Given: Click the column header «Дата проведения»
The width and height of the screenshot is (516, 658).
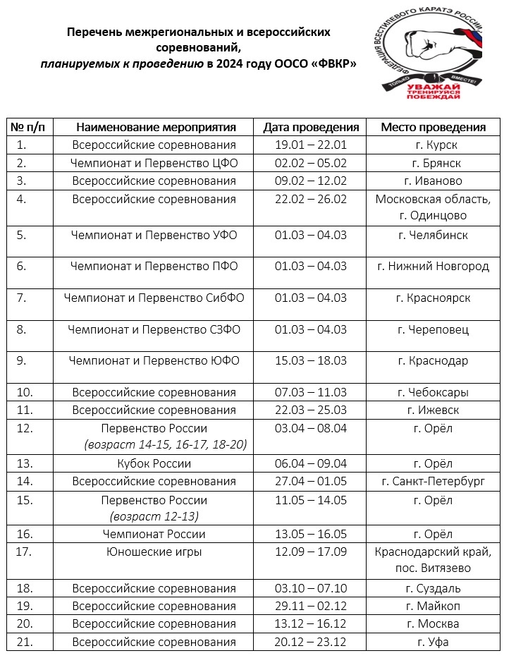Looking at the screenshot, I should pos(311,128).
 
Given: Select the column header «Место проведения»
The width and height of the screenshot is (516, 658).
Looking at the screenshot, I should pos(433,128).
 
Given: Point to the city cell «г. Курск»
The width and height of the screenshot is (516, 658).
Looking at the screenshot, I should pos(433,145).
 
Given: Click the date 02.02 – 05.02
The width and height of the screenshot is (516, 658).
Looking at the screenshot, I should pos(311,163).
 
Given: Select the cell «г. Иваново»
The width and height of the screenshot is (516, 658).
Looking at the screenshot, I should pos(433,181).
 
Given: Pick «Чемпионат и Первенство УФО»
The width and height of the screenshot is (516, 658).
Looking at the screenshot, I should pos(154,235).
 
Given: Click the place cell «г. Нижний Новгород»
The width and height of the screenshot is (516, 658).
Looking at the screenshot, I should pos(433,266).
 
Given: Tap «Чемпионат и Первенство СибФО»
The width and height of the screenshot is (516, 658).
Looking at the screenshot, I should pos(154,298).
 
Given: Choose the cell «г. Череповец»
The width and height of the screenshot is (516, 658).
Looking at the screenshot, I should pos(433,329).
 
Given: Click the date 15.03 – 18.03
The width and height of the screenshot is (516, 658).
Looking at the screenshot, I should pos(311,360).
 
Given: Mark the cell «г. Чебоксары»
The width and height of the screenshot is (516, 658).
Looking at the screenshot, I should pos(433,392).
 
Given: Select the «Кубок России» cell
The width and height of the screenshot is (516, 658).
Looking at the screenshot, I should pos(154,463).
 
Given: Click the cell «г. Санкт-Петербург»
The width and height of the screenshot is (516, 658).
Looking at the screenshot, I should pos(433,481).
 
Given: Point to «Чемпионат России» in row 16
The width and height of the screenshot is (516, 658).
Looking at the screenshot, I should pos(154,534).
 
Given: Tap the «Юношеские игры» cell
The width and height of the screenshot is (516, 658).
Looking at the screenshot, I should pos(154,552).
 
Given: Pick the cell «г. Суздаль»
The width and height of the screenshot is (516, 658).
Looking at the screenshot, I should pos(433,588).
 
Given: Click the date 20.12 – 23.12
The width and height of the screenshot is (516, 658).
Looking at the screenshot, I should pos(311,642).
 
